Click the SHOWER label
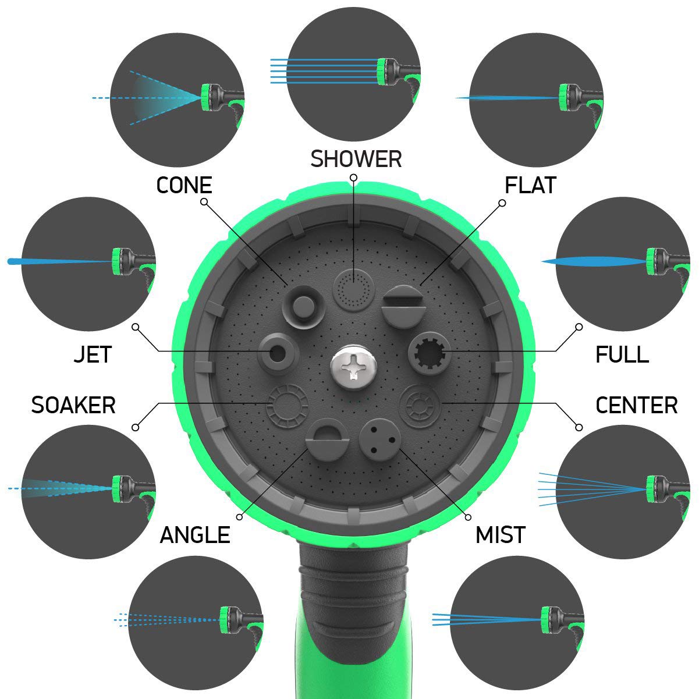click(356, 159)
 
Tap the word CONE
click(184, 185)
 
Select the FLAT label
click(530, 185)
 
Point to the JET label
click(93, 354)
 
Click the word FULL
click(622, 354)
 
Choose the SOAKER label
click(73, 405)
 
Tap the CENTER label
click(636, 405)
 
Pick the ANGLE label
click(195, 535)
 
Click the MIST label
click(501, 535)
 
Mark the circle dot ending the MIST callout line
click(469, 517)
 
